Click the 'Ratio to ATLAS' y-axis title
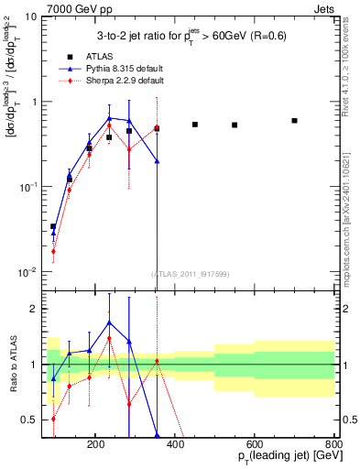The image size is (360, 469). click(13, 365)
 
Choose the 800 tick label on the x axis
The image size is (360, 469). click(334, 443)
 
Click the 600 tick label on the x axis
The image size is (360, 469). click(275, 443)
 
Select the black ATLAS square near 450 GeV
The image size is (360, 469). click(195, 125)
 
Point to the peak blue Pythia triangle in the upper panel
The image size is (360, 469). click(110, 118)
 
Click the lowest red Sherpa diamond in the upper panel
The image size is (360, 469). click(53, 251)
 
